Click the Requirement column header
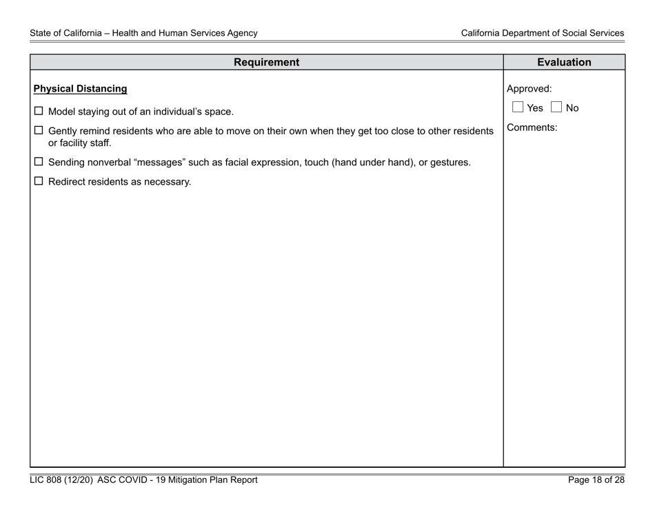266,63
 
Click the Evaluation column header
564,63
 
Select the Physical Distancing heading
81,89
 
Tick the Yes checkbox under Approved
518,108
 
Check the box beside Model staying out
39,111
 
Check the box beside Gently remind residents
39,130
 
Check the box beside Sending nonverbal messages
39,163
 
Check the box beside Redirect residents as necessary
39,182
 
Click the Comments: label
532,127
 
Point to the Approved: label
529,89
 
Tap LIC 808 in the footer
45,480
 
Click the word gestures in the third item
448,163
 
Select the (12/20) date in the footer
81,480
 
